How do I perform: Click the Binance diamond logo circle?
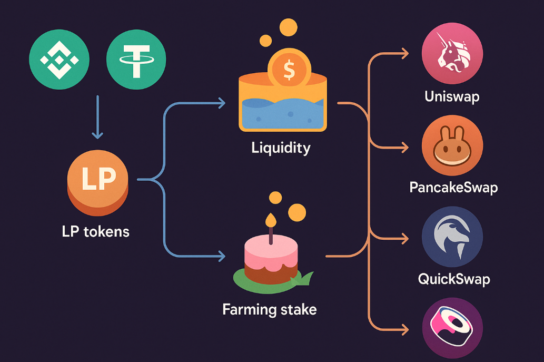(x=60, y=60)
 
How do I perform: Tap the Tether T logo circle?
(x=136, y=60)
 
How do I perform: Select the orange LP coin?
(x=98, y=182)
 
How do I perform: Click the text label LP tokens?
(x=95, y=231)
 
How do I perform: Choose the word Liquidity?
(x=281, y=147)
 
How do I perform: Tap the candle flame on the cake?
(x=271, y=218)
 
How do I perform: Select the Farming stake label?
(x=270, y=309)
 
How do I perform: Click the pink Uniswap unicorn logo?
(x=452, y=53)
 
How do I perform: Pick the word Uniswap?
(x=452, y=96)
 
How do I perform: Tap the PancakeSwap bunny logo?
(x=452, y=145)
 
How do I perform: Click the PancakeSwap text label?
(x=453, y=187)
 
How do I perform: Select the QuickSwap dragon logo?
(x=452, y=237)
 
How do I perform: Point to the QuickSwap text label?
(x=453, y=278)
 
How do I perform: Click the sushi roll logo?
(x=452, y=327)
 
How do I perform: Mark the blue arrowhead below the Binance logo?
(x=97, y=135)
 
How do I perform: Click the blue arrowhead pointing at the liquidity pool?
(x=222, y=103)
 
